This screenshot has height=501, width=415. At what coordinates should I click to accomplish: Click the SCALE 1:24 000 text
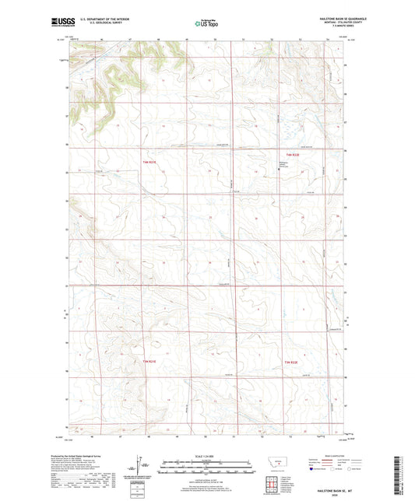[x=207, y=457]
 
